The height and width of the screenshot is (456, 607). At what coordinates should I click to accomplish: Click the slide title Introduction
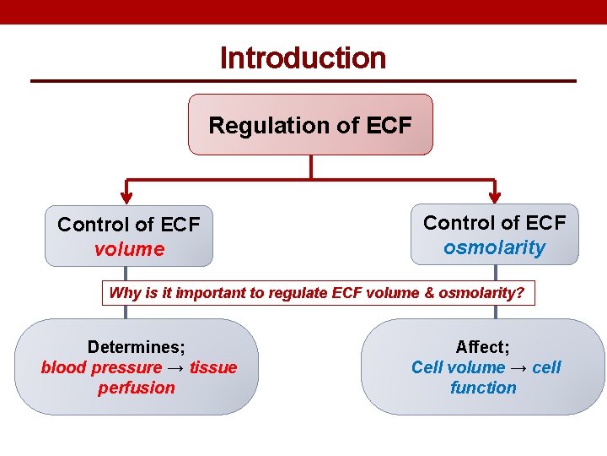[303, 58]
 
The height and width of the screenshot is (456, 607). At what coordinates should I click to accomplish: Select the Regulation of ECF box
[310, 125]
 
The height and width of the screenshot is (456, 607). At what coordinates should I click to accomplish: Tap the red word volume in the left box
[129, 249]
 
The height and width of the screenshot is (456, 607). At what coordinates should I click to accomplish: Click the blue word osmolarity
[494, 247]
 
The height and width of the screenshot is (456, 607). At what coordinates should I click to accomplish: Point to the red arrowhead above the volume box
[127, 195]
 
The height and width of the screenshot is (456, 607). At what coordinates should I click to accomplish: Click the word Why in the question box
[126, 294]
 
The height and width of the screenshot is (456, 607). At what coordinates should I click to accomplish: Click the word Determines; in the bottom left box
[137, 347]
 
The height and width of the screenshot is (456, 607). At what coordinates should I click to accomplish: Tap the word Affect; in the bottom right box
[483, 347]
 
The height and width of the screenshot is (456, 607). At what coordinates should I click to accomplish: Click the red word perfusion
[137, 388]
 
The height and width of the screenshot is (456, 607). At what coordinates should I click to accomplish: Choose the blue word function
[483, 388]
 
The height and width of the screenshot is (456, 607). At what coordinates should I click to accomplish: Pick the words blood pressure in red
[101, 367]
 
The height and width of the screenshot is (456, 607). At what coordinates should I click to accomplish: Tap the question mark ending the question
[521, 294]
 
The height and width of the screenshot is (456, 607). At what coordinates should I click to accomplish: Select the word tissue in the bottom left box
[213, 367]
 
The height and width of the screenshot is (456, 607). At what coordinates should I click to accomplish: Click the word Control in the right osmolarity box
[460, 223]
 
